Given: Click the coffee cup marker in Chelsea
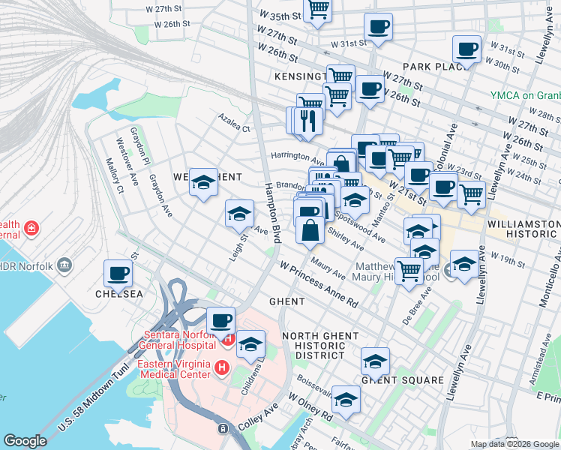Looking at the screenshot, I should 117,274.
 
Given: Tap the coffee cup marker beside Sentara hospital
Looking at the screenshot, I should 220,321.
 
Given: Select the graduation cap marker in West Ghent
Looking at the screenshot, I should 203,182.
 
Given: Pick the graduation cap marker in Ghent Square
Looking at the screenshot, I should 375,362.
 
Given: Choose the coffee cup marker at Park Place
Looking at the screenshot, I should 467,50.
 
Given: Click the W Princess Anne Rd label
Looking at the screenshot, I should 319,283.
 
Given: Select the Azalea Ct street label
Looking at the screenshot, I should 234,128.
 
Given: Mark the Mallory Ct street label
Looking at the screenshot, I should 114,175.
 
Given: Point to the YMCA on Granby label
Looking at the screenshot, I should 525,95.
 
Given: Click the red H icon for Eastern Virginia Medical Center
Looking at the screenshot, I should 222,367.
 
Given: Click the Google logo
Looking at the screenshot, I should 25,441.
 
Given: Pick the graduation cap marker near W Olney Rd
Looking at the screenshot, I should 346,400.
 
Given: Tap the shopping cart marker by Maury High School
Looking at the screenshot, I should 409,270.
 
